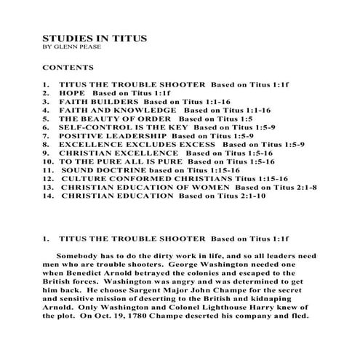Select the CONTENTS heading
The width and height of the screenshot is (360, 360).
click(67, 66)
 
